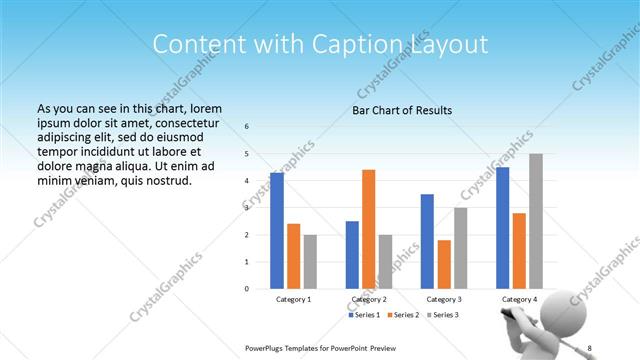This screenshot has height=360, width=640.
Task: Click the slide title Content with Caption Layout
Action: coord(320,44)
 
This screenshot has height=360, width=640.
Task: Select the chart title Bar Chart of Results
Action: coord(401,110)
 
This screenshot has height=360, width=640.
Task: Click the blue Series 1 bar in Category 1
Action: coord(277,230)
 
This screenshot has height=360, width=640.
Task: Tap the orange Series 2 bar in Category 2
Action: coord(368,229)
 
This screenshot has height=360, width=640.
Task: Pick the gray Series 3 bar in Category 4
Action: coord(536,221)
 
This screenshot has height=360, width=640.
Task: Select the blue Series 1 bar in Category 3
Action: coord(427,241)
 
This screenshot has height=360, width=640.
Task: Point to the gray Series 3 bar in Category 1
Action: coord(310,261)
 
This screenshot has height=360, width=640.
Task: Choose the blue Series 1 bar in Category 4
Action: coord(502,228)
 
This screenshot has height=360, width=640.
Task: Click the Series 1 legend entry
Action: coord(364,315)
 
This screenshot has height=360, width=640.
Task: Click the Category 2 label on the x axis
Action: coord(369,299)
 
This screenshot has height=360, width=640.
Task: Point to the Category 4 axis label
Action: coord(519,299)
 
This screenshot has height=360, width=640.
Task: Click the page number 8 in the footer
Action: coord(590,347)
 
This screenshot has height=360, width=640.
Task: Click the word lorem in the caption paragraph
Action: coord(204,108)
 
